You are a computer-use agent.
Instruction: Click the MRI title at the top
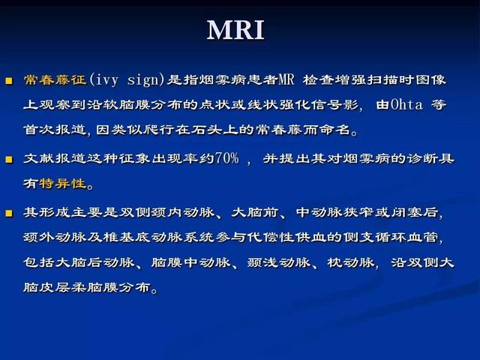click(235, 30)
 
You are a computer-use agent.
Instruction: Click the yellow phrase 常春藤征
click(55, 80)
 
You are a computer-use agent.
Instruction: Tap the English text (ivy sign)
click(127, 80)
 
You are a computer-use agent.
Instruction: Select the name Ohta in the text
click(406, 105)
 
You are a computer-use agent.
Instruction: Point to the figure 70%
click(226, 158)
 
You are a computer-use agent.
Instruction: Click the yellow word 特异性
click(63, 183)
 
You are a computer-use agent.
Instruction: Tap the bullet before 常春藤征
click(9, 81)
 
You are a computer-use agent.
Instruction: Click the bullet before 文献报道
click(9, 159)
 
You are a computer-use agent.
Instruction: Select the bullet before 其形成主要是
click(9, 213)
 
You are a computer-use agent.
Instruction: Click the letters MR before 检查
click(286, 80)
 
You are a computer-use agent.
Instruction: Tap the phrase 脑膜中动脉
click(190, 262)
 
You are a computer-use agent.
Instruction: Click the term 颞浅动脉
click(278, 262)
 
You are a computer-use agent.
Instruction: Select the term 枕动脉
click(350, 262)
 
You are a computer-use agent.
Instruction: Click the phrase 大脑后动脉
click(79, 262)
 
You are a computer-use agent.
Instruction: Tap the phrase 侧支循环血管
click(391, 237)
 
